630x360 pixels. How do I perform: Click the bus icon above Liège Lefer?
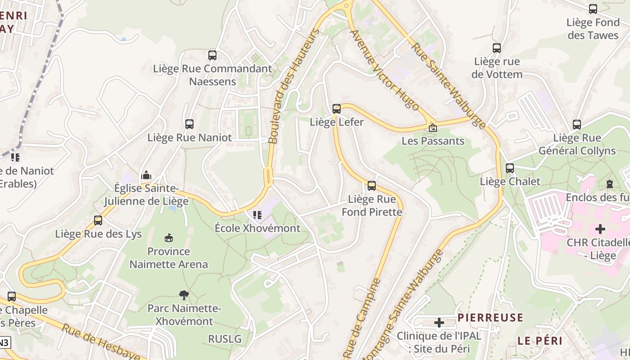[337, 108]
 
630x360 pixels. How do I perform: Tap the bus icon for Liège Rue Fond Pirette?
[372, 185]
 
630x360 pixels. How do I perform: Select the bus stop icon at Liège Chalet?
[510, 168]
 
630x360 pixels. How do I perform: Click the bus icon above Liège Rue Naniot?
[189, 124]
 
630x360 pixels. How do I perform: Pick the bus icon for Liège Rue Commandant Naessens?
[212, 55]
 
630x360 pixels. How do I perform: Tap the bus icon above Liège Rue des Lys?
[98, 220]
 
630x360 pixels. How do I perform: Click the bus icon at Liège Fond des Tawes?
[593, 9]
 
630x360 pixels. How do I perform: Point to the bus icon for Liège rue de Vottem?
[497, 48]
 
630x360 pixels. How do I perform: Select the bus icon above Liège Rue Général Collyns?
[577, 125]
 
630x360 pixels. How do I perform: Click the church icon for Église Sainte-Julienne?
[146, 175]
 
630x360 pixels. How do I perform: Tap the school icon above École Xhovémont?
[257, 215]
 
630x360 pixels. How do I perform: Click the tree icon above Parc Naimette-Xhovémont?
[184, 295]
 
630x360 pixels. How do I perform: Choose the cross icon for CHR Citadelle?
[600, 229]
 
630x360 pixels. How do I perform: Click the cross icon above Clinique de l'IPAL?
[439, 322]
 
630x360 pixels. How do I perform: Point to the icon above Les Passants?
[432, 128]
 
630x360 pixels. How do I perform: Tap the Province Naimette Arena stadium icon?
[169, 238]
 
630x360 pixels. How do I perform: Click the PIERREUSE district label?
[490, 317]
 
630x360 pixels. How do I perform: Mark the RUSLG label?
[225, 338]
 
